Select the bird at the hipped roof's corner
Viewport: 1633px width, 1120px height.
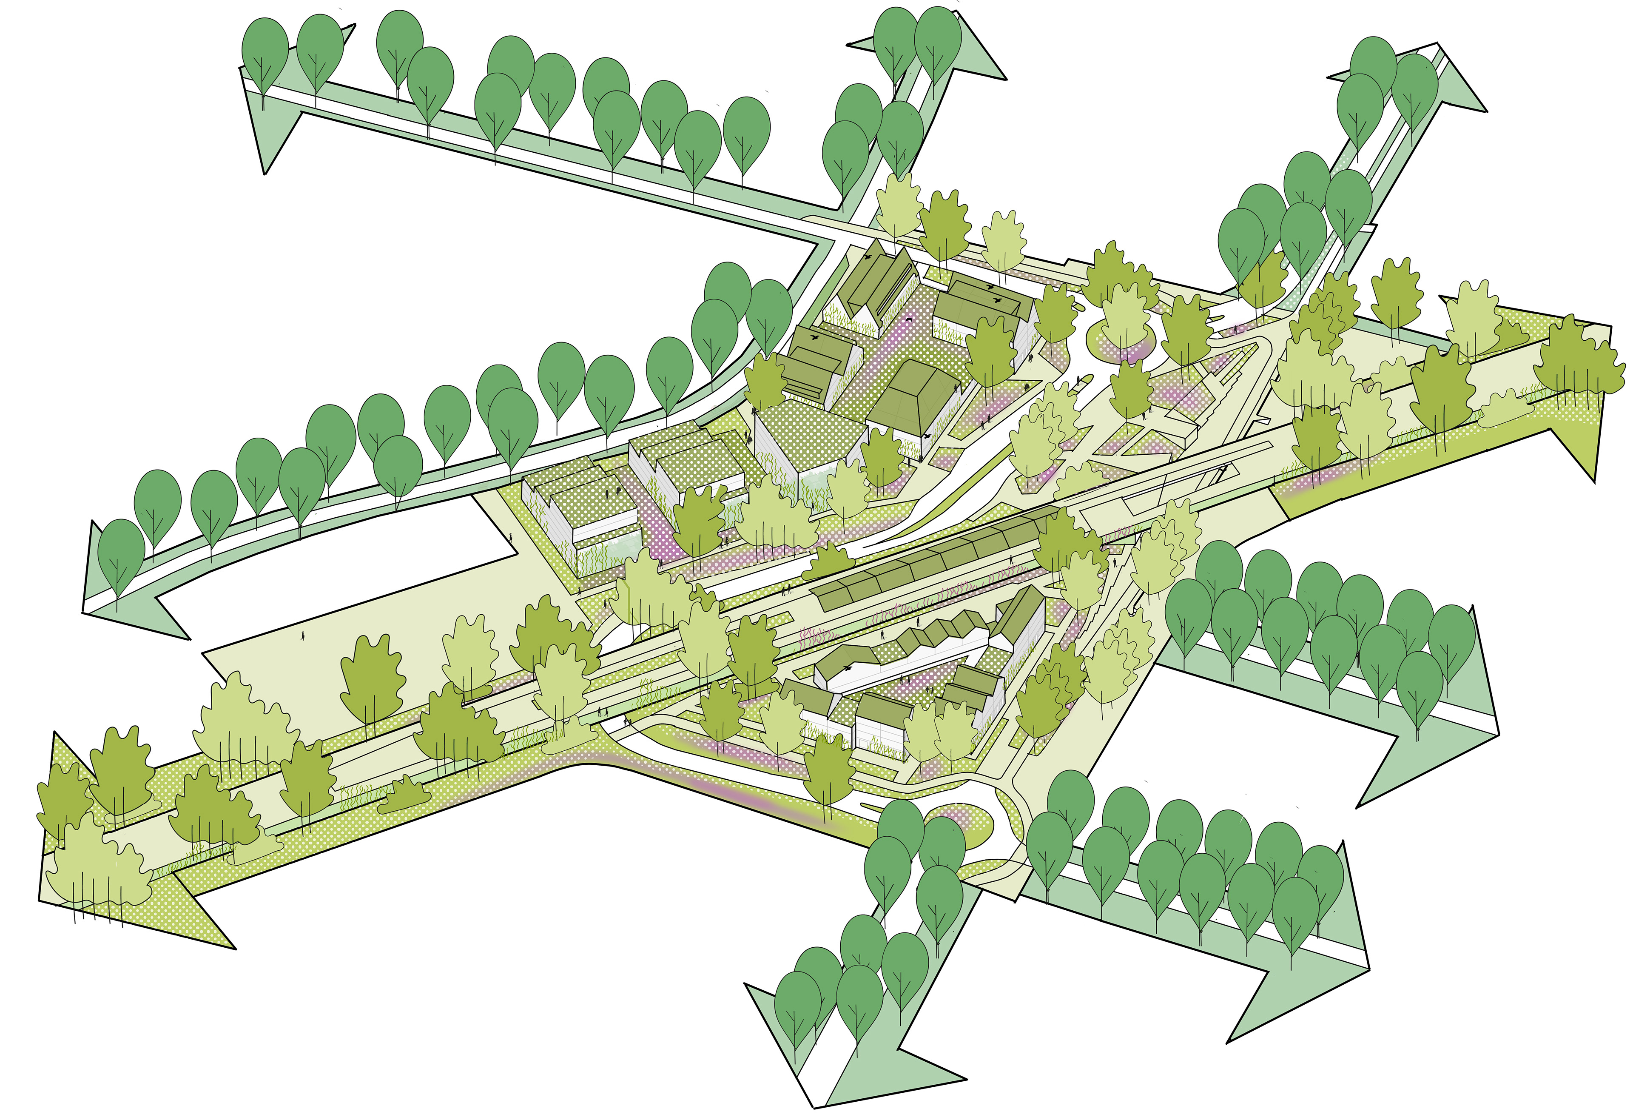[x=930, y=436]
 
